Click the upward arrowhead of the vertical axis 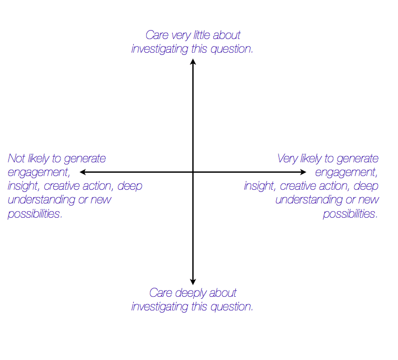tap(193, 62)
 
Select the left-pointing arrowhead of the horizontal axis tap(83, 172)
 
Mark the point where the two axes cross tap(193, 172)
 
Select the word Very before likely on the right tap(288, 158)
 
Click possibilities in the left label tap(35, 213)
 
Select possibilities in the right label tap(350, 213)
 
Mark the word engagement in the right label tap(346, 172)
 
